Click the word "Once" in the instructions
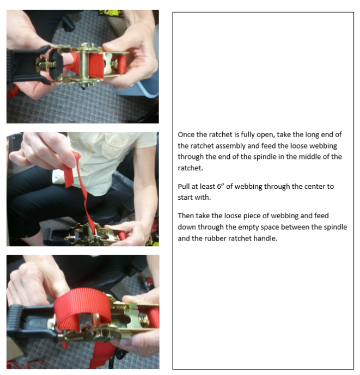click(x=186, y=134)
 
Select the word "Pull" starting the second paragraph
click(x=184, y=186)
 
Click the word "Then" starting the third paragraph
click(x=186, y=216)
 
